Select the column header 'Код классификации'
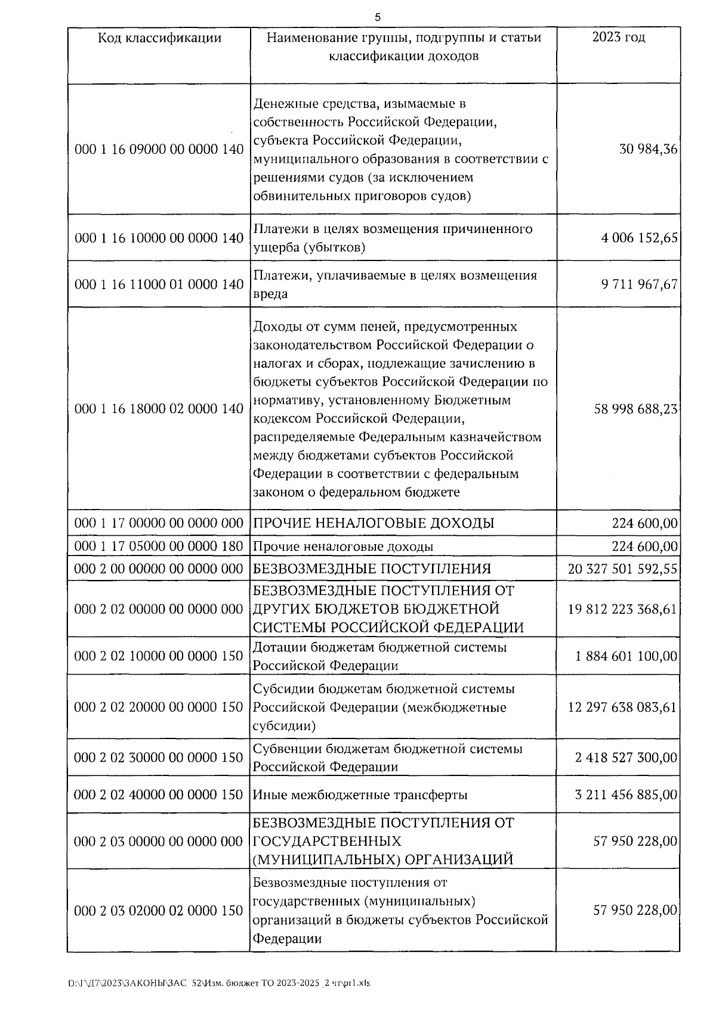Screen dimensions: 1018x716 point(159,38)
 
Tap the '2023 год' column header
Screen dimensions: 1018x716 point(618,38)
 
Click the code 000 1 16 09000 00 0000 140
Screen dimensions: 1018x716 point(159,149)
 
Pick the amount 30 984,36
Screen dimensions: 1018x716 point(649,149)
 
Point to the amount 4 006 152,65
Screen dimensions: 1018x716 point(640,238)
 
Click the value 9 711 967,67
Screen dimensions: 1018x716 point(640,284)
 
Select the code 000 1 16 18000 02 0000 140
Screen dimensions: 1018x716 point(159,409)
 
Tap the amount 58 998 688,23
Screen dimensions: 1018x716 point(636,409)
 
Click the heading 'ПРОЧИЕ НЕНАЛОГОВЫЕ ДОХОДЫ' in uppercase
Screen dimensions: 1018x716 point(374,523)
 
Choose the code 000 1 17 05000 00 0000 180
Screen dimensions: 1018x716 point(159,546)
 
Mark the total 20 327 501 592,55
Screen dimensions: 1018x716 point(623,569)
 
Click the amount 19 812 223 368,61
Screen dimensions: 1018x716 point(623,609)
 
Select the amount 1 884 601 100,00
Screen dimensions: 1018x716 point(626,656)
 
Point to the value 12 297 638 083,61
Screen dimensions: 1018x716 point(623,707)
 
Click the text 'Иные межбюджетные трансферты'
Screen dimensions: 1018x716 point(360,794)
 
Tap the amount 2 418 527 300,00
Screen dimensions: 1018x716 point(626,758)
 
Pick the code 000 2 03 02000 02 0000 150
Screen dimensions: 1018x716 point(159,911)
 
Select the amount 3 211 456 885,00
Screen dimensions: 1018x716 point(626,794)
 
